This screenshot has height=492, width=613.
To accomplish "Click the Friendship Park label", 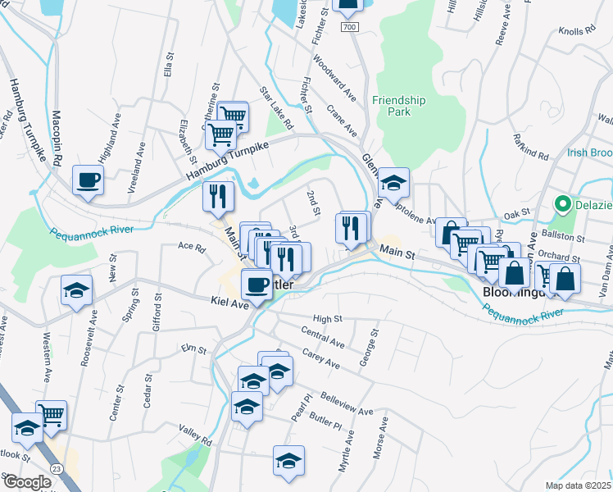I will point(398,106).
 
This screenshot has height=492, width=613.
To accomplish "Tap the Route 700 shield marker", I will point(351,28).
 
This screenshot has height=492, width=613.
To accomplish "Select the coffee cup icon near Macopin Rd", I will point(88,180).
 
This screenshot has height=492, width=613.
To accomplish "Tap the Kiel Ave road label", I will point(229,303).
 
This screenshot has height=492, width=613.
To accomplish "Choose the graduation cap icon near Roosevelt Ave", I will point(77,290).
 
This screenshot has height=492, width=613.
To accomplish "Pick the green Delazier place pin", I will point(563,203).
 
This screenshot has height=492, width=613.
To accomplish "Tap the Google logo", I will point(26,482).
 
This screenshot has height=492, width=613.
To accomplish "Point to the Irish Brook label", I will point(589,153).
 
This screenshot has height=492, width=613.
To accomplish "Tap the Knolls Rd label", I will point(576,30).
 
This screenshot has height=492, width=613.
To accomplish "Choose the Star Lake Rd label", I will point(276,109).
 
